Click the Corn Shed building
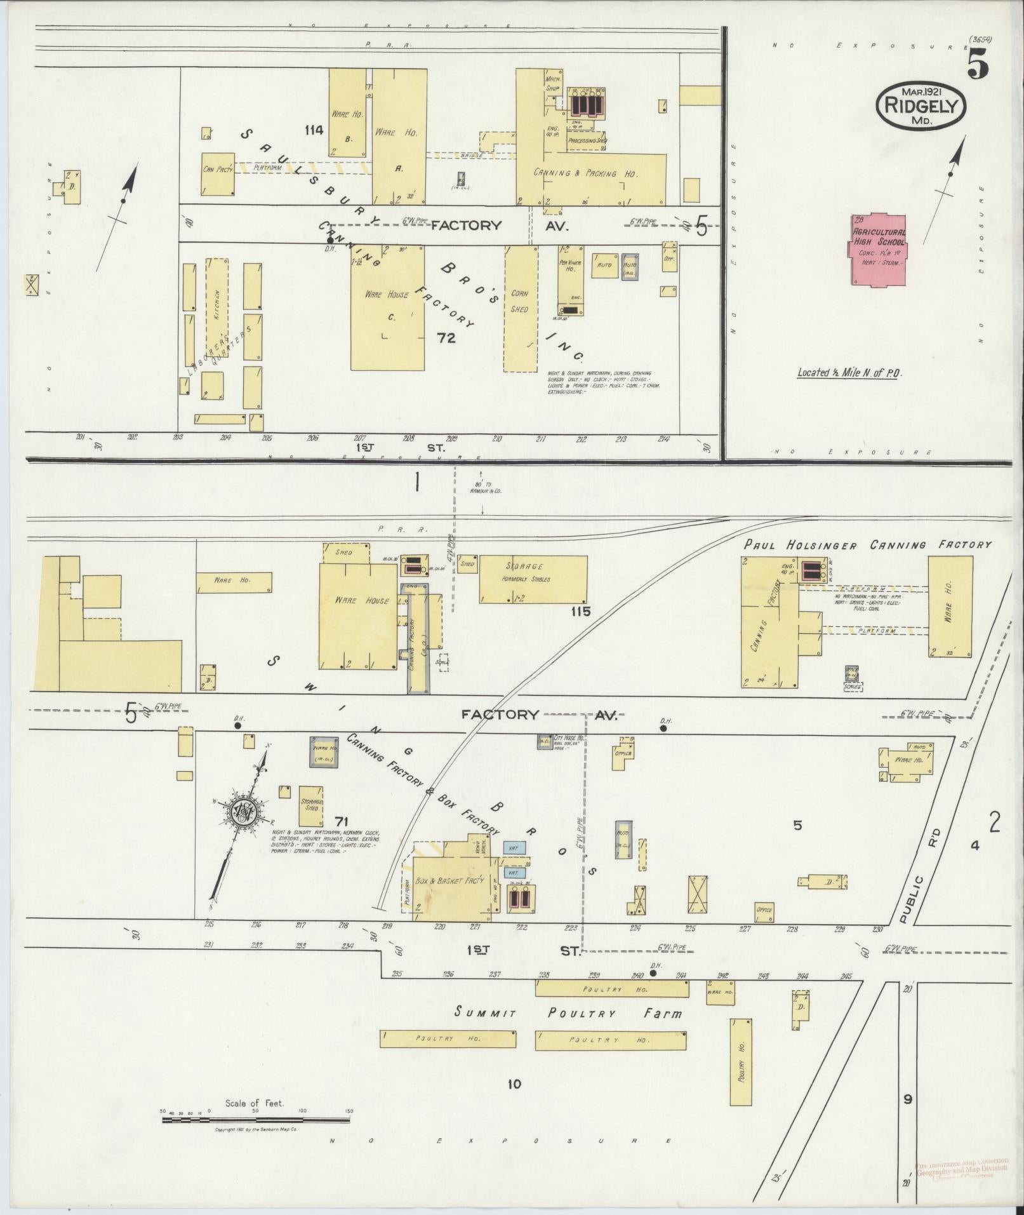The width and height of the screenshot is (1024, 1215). pyautogui.click(x=521, y=309)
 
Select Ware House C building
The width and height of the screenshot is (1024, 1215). pyautogui.click(x=387, y=308)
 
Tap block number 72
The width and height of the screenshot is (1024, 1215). pyautogui.click(x=446, y=338)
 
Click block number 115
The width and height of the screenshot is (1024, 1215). pyautogui.click(x=580, y=612)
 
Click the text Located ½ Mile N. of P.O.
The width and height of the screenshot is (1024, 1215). pyautogui.click(x=849, y=373)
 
